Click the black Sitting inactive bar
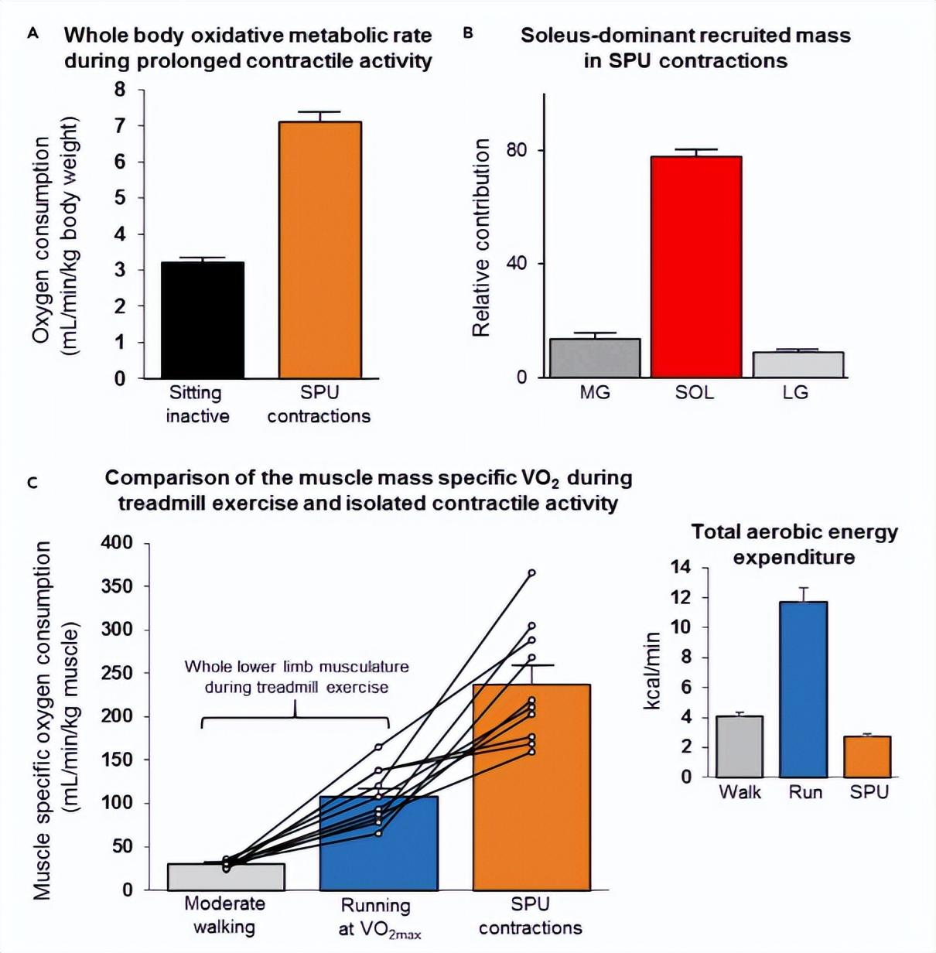203,320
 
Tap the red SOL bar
696,267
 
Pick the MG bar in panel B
595,358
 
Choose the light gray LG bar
798,364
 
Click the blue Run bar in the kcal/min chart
804,689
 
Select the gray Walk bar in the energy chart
740,746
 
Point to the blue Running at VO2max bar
379,843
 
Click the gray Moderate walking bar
226,876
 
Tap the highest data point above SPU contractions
531,573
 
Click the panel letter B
468,33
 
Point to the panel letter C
32,483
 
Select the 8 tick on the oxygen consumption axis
120,90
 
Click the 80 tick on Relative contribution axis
517,150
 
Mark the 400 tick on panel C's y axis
117,543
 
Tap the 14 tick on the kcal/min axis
681,568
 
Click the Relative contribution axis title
481,237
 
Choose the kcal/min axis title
652,671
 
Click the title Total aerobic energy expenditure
794,545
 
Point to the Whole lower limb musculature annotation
296,677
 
